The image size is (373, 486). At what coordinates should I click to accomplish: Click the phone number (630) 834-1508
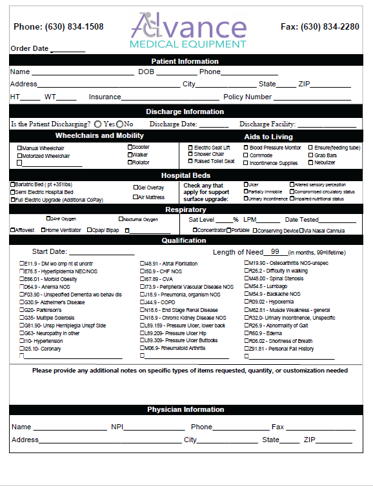coord(58,27)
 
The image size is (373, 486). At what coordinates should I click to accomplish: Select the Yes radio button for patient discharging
coord(97,124)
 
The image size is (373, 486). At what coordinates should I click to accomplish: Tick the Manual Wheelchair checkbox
coord(19,148)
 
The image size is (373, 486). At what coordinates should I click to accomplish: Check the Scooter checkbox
coord(129,147)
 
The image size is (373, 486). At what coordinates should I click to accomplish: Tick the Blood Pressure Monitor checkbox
coord(246,148)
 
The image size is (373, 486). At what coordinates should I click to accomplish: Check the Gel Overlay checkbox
coord(136,188)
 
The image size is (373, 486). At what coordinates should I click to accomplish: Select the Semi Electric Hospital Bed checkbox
coord(12,192)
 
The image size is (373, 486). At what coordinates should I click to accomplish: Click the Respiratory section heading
coord(186,209)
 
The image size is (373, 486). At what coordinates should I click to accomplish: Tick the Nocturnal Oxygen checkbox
coord(121,219)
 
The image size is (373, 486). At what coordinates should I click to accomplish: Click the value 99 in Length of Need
coord(275,252)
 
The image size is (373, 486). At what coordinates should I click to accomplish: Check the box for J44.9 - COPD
coord(143,302)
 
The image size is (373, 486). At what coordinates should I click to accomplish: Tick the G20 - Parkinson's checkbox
coord(22,310)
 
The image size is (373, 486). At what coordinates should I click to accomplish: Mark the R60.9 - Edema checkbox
coord(246,333)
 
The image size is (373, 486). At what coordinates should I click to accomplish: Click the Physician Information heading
coord(186,410)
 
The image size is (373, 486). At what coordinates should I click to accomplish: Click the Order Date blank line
coord(68,49)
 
